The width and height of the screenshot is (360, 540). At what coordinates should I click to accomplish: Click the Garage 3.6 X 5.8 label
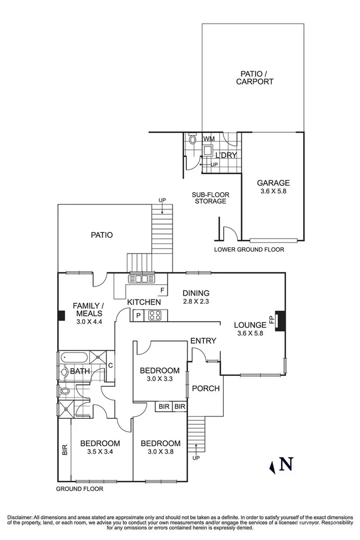[x=273, y=187]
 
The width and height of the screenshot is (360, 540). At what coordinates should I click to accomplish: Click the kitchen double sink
[x=138, y=279]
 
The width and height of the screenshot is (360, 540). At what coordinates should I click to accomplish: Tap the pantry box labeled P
[x=137, y=316]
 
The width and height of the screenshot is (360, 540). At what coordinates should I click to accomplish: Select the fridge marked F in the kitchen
[x=162, y=290]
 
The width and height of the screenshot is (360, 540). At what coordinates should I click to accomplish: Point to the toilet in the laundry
[x=192, y=140]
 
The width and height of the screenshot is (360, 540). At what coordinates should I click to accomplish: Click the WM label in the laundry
[x=209, y=139]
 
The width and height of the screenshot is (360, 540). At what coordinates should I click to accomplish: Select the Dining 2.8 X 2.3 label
[x=197, y=297]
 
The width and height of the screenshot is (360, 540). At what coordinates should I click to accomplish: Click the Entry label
[x=203, y=341]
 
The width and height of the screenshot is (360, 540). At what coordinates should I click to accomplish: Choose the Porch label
[x=206, y=388]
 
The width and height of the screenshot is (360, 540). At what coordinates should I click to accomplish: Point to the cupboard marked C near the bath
[x=110, y=365]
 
